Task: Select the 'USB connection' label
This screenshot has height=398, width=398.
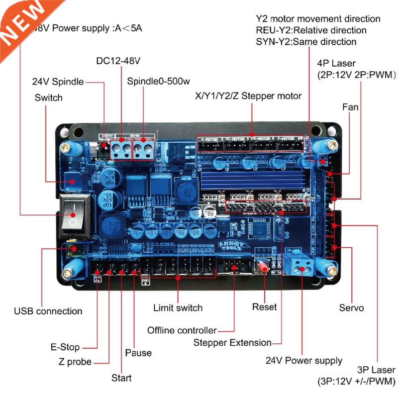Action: click(48, 311)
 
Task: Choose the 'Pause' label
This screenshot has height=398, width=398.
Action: click(138, 353)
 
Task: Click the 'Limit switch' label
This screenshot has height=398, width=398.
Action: click(178, 308)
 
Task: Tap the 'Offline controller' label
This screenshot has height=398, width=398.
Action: click(182, 330)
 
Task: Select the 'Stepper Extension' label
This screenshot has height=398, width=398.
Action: click(232, 343)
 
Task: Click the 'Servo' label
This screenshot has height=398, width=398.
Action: click(351, 308)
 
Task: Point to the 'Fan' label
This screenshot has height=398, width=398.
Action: click(350, 107)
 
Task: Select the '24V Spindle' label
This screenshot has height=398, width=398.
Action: click(58, 82)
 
